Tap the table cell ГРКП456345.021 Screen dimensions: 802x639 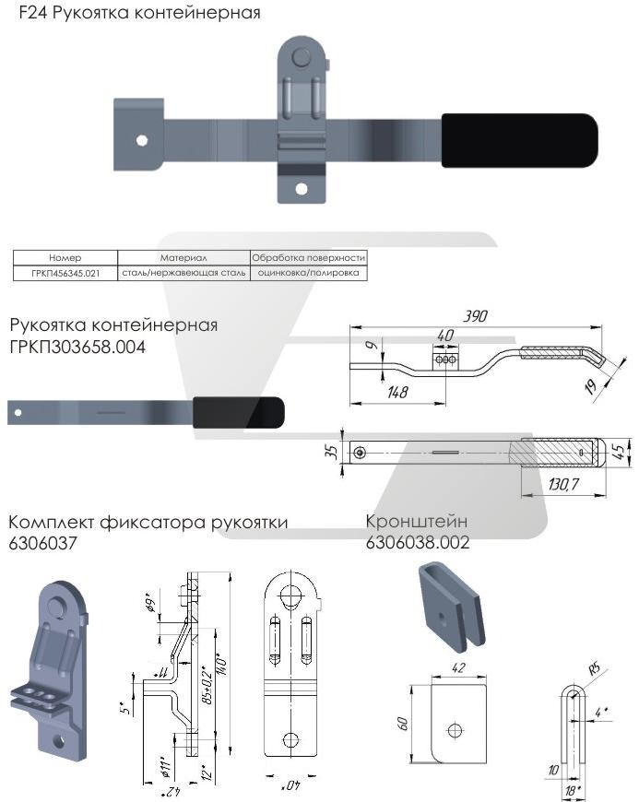(x=65, y=274)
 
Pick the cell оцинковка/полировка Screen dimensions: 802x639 (x=309, y=274)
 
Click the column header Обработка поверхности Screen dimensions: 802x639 (x=309, y=258)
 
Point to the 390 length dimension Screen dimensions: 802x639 (x=475, y=316)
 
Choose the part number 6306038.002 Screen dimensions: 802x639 (x=418, y=544)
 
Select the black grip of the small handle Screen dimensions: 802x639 (x=238, y=412)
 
